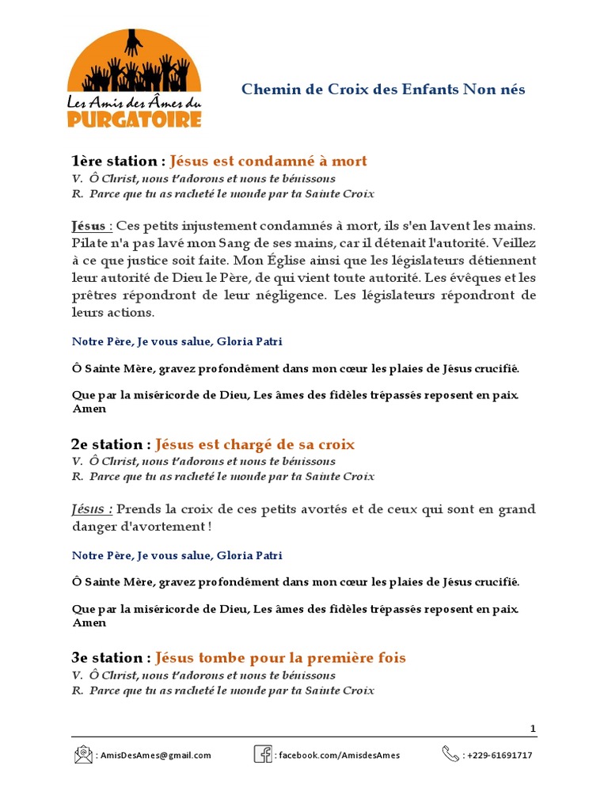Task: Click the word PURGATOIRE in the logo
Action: pyautogui.click(x=134, y=119)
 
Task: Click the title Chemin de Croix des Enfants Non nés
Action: pyautogui.click(x=383, y=89)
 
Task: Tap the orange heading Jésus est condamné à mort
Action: pyautogui.click(x=268, y=162)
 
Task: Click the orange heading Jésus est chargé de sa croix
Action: pyautogui.click(x=255, y=444)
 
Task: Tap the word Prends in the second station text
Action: pyautogui.click(x=139, y=509)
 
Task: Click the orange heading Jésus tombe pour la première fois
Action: pyautogui.click(x=280, y=658)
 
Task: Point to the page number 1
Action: pyautogui.click(x=533, y=729)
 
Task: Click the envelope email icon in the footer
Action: pyautogui.click(x=83, y=755)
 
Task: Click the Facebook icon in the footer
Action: pyautogui.click(x=263, y=754)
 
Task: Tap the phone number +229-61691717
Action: pyautogui.click(x=500, y=756)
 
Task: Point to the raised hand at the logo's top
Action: pyautogui.click(x=133, y=42)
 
